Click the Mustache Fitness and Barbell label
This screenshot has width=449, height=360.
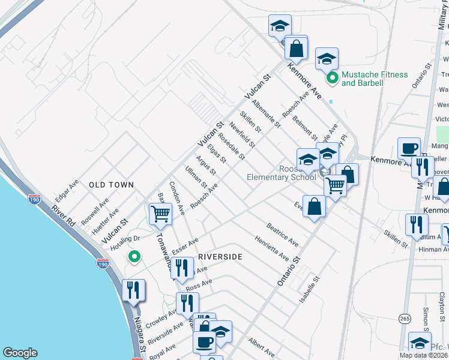(x=375, y=79)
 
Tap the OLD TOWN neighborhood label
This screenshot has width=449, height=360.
(x=111, y=185)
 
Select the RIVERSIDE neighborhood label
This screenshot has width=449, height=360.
(x=220, y=257)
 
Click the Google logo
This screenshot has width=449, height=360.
(x=20, y=353)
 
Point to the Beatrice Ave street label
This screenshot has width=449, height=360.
(x=283, y=235)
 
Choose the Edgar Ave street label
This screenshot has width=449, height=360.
(x=67, y=191)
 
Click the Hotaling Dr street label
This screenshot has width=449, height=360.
(x=127, y=239)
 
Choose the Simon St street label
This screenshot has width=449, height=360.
(x=425, y=319)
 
